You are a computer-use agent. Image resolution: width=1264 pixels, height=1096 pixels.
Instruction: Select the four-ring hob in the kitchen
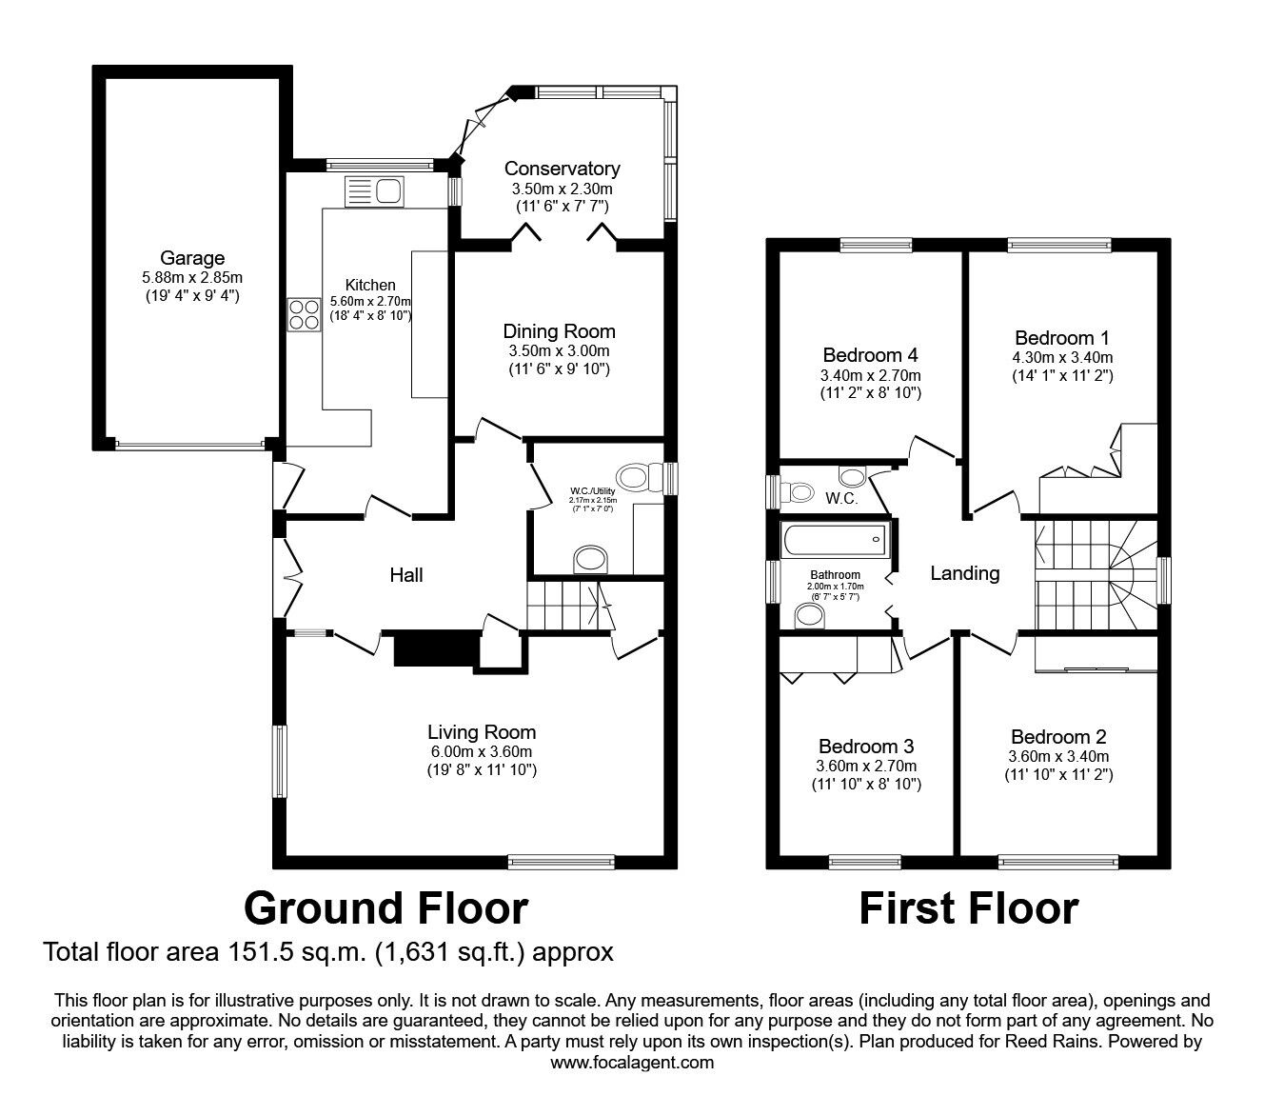(304, 314)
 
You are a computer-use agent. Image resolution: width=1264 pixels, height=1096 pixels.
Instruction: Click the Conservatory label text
(562, 169)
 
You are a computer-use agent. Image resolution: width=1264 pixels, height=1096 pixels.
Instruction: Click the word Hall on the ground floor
(406, 574)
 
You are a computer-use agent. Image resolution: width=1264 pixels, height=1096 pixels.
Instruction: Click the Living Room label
(482, 731)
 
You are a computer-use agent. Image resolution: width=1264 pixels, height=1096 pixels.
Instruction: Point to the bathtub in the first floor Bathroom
(834, 540)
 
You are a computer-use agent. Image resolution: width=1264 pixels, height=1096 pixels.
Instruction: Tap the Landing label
(965, 572)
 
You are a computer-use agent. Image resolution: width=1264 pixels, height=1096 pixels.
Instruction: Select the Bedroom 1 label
(1062, 337)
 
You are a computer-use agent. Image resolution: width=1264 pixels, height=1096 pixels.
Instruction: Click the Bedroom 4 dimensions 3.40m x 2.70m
(870, 375)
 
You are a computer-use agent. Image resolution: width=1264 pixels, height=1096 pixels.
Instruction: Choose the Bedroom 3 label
(866, 746)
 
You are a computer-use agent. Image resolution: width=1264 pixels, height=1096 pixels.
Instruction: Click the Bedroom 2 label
(1058, 736)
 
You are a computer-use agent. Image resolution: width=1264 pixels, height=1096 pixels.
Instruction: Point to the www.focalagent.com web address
(632, 1063)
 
